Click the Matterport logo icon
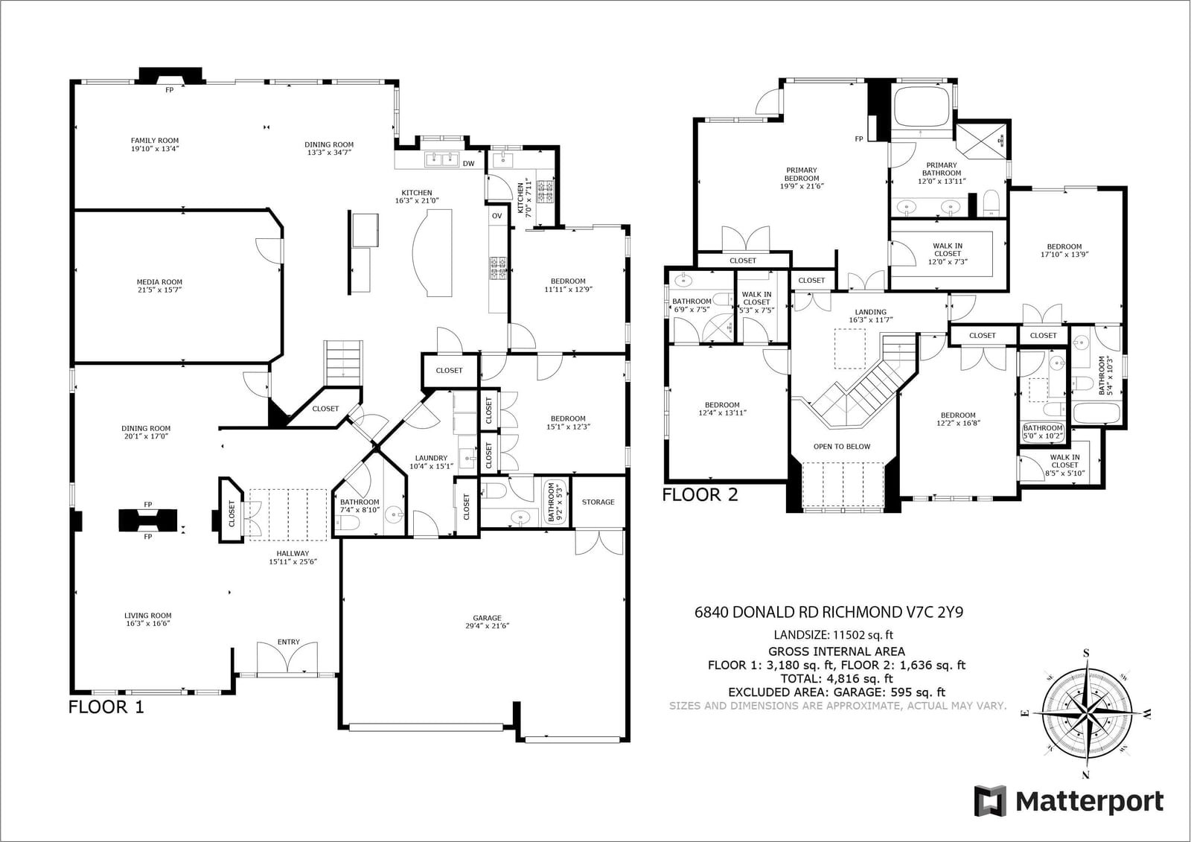990,800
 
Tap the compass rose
1086,712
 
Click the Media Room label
159,282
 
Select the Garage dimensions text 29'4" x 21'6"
487,626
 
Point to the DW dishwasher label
468,164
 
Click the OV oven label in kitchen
496,216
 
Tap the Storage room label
598,502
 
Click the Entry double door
287,660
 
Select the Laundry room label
431,458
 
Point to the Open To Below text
842,447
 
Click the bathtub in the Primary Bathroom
922,106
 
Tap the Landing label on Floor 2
870,312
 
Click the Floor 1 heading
106,707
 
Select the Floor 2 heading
700,495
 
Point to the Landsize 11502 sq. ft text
834,634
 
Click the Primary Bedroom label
801,174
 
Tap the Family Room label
155,141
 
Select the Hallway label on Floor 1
293,553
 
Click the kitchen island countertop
432,252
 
